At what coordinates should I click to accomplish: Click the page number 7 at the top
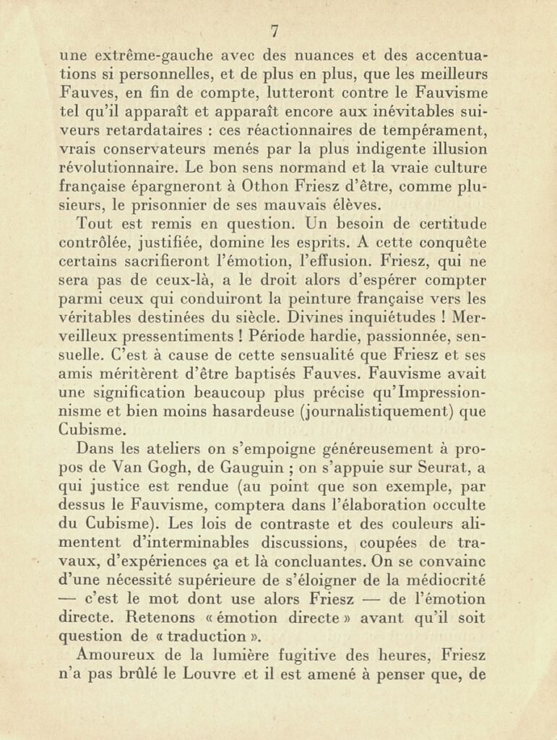tap(275, 31)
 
